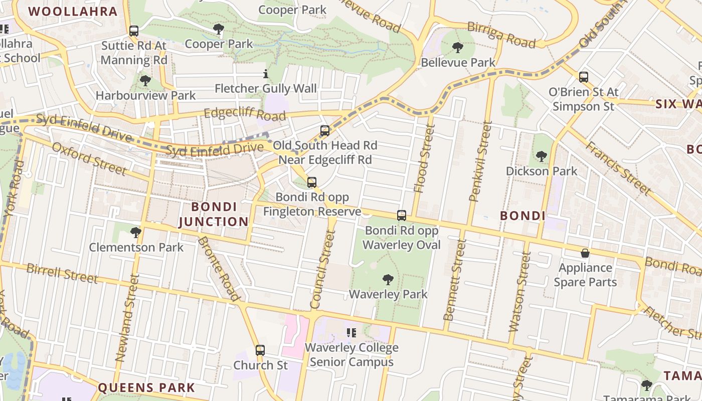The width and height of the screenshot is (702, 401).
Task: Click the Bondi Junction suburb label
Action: point(214,214)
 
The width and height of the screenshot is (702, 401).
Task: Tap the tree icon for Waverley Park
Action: point(388,280)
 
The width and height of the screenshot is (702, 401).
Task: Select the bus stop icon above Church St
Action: point(260,350)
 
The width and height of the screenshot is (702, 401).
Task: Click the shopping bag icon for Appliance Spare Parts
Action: point(585,253)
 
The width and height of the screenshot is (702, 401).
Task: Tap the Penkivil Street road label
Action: point(480,161)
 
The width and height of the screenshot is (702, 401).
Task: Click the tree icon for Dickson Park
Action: point(541,156)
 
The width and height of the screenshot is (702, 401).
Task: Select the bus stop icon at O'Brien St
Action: point(583,77)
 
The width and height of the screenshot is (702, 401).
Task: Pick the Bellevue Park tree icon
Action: point(457,48)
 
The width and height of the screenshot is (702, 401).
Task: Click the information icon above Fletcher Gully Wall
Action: point(266,75)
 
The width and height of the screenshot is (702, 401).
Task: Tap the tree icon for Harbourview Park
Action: point(145,80)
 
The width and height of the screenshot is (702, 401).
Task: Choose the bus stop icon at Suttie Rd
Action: point(133,31)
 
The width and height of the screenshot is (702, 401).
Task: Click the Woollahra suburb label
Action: point(73,11)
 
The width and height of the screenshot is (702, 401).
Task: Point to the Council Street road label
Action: point(322,269)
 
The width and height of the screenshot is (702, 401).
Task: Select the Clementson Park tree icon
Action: point(135,233)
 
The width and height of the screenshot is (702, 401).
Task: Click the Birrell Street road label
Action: point(62,273)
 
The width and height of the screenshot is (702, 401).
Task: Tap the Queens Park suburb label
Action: point(146,387)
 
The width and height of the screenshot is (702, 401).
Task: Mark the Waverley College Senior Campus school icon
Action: point(352,332)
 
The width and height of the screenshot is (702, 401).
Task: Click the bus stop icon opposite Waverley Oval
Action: point(401,216)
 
